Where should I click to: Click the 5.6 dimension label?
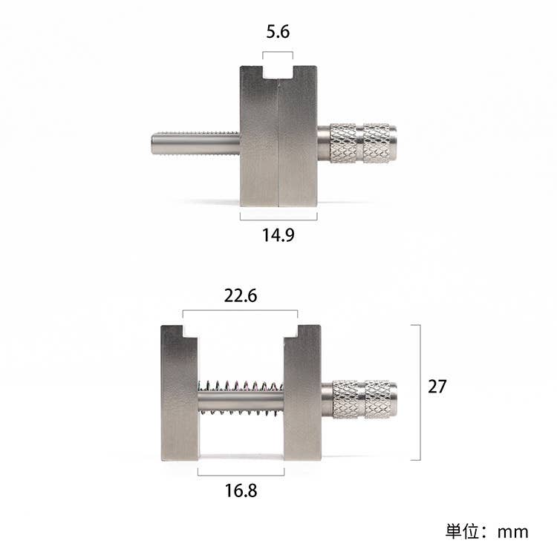[x=278, y=32]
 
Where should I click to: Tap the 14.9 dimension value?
[x=278, y=236]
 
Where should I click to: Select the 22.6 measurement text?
[x=241, y=295]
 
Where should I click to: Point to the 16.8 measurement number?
[x=241, y=490]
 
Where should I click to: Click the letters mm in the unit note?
[x=512, y=532]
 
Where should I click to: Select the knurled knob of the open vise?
[x=364, y=398]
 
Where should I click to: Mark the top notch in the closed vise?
[x=278, y=72]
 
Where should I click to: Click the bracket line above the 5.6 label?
[x=278, y=51]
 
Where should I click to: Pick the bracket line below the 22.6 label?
[x=241, y=311]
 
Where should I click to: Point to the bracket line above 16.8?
[x=241, y=472]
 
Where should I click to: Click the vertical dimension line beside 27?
[x=420, y=392]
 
